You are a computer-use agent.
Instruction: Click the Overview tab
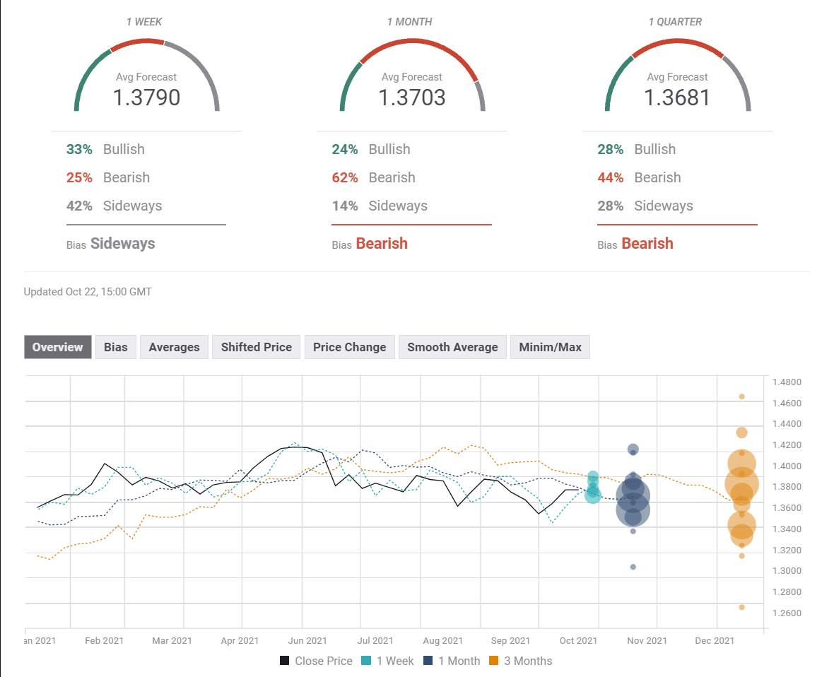click(x=57, y=347)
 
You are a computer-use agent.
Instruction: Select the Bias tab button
click(x=116, y=347)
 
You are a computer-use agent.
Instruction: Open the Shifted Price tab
click(x=256, y=347)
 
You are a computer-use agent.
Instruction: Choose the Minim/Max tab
click(x=550, y=347)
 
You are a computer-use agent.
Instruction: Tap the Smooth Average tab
click(x=452, y=347)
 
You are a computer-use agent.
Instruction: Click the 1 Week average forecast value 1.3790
click(x=146, y=97)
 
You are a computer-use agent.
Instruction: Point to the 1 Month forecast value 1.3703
click(x=412, y=97)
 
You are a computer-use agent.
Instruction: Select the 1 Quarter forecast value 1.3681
click(x=677, y=97)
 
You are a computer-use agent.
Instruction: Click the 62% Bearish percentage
click(x=345, y=177)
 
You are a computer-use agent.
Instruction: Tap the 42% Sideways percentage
click(x=80, y=206)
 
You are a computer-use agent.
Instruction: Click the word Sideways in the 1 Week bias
click(x=122, y=244)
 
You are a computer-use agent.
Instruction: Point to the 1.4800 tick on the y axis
click(x=786, y=382)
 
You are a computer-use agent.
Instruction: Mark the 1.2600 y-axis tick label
click(x=786, y=613)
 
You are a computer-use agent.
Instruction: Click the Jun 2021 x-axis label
click(x=307, y=640)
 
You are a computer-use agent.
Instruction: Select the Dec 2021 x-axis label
click(x=715, y=640)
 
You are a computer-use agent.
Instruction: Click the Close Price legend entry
click(x=316, y=661)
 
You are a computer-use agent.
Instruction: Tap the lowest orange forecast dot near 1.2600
click(x=741, y=607)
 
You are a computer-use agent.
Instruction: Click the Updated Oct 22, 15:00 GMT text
click(x=88, y=291)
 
